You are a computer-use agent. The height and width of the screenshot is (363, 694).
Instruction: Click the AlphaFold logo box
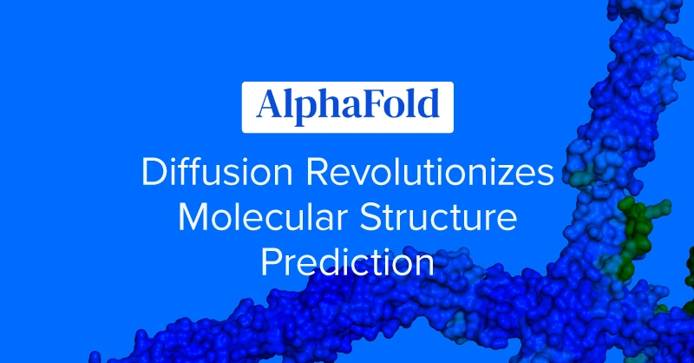[348, 108]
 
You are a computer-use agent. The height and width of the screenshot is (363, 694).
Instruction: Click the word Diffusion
[217, 172]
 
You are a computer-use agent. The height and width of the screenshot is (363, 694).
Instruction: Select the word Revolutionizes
[429, 172]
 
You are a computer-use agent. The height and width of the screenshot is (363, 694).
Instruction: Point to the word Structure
[438, 217]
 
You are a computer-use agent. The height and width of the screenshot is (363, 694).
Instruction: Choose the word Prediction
[348, 262]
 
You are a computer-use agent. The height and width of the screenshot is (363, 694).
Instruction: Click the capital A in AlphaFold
[270, 104]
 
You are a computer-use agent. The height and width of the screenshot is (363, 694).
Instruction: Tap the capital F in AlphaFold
[365, 104]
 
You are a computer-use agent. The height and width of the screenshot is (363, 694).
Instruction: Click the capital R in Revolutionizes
[317, 172]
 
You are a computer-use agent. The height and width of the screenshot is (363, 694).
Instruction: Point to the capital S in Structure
[370, 217]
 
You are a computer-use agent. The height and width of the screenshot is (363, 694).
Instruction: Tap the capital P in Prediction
[271, 262]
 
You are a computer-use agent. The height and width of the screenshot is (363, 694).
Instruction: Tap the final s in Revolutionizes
[545, 175]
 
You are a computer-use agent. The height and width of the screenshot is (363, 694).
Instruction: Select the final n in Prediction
[425, 266]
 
